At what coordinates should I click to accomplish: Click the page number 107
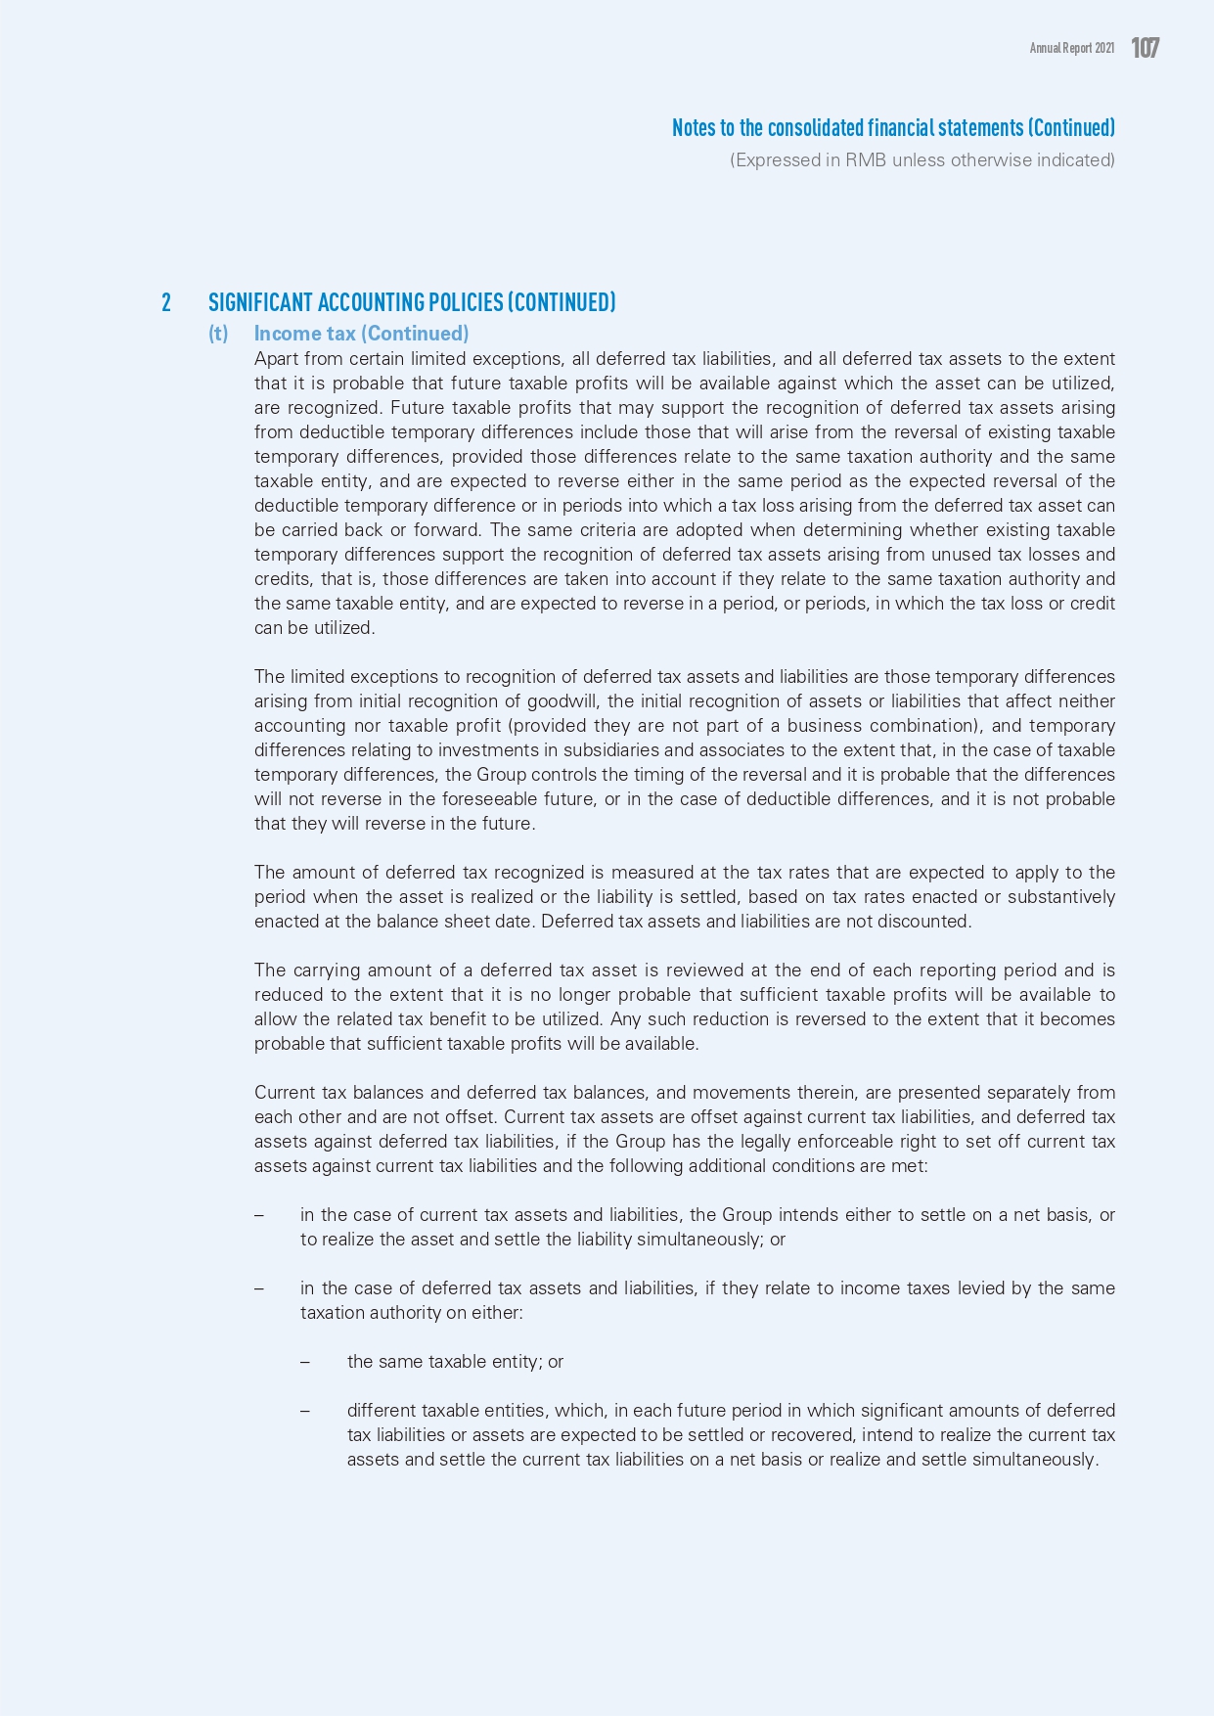[1145, 48]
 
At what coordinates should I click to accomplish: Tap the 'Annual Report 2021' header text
[1071, 48]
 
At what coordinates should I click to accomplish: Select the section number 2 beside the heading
[166, 302]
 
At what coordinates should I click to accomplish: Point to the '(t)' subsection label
[218, 334]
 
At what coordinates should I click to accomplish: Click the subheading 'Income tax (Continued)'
[361, 334]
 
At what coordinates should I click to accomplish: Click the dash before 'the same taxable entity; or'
[305, 1362]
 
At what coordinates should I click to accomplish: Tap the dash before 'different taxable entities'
[305, 1411]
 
